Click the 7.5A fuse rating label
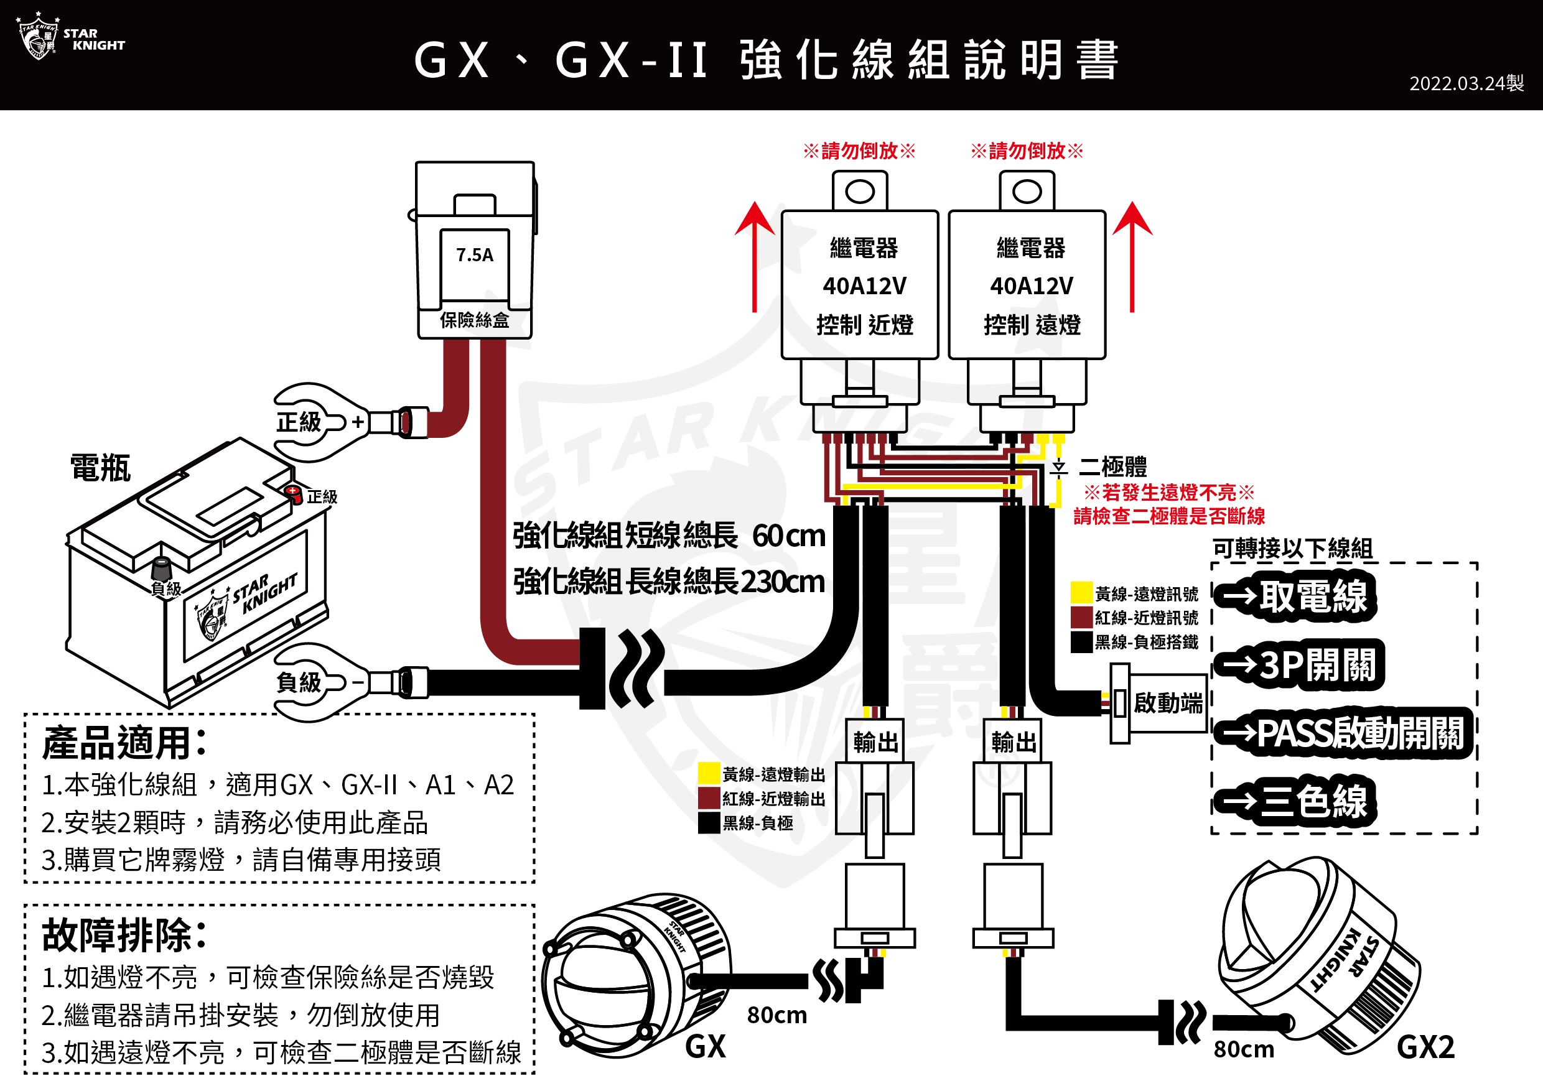coord(475,255)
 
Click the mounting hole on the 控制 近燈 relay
coord(859,192)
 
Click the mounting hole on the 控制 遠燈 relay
coord(1027,192)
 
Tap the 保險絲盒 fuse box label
coord(475,320)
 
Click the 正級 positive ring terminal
coord(316,422)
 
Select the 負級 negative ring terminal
coord(316,682)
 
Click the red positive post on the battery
coord(293,493)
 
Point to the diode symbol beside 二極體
coord(1058,468)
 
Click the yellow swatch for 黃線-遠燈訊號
coord(1081,593)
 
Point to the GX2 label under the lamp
coord(1425,1047)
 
